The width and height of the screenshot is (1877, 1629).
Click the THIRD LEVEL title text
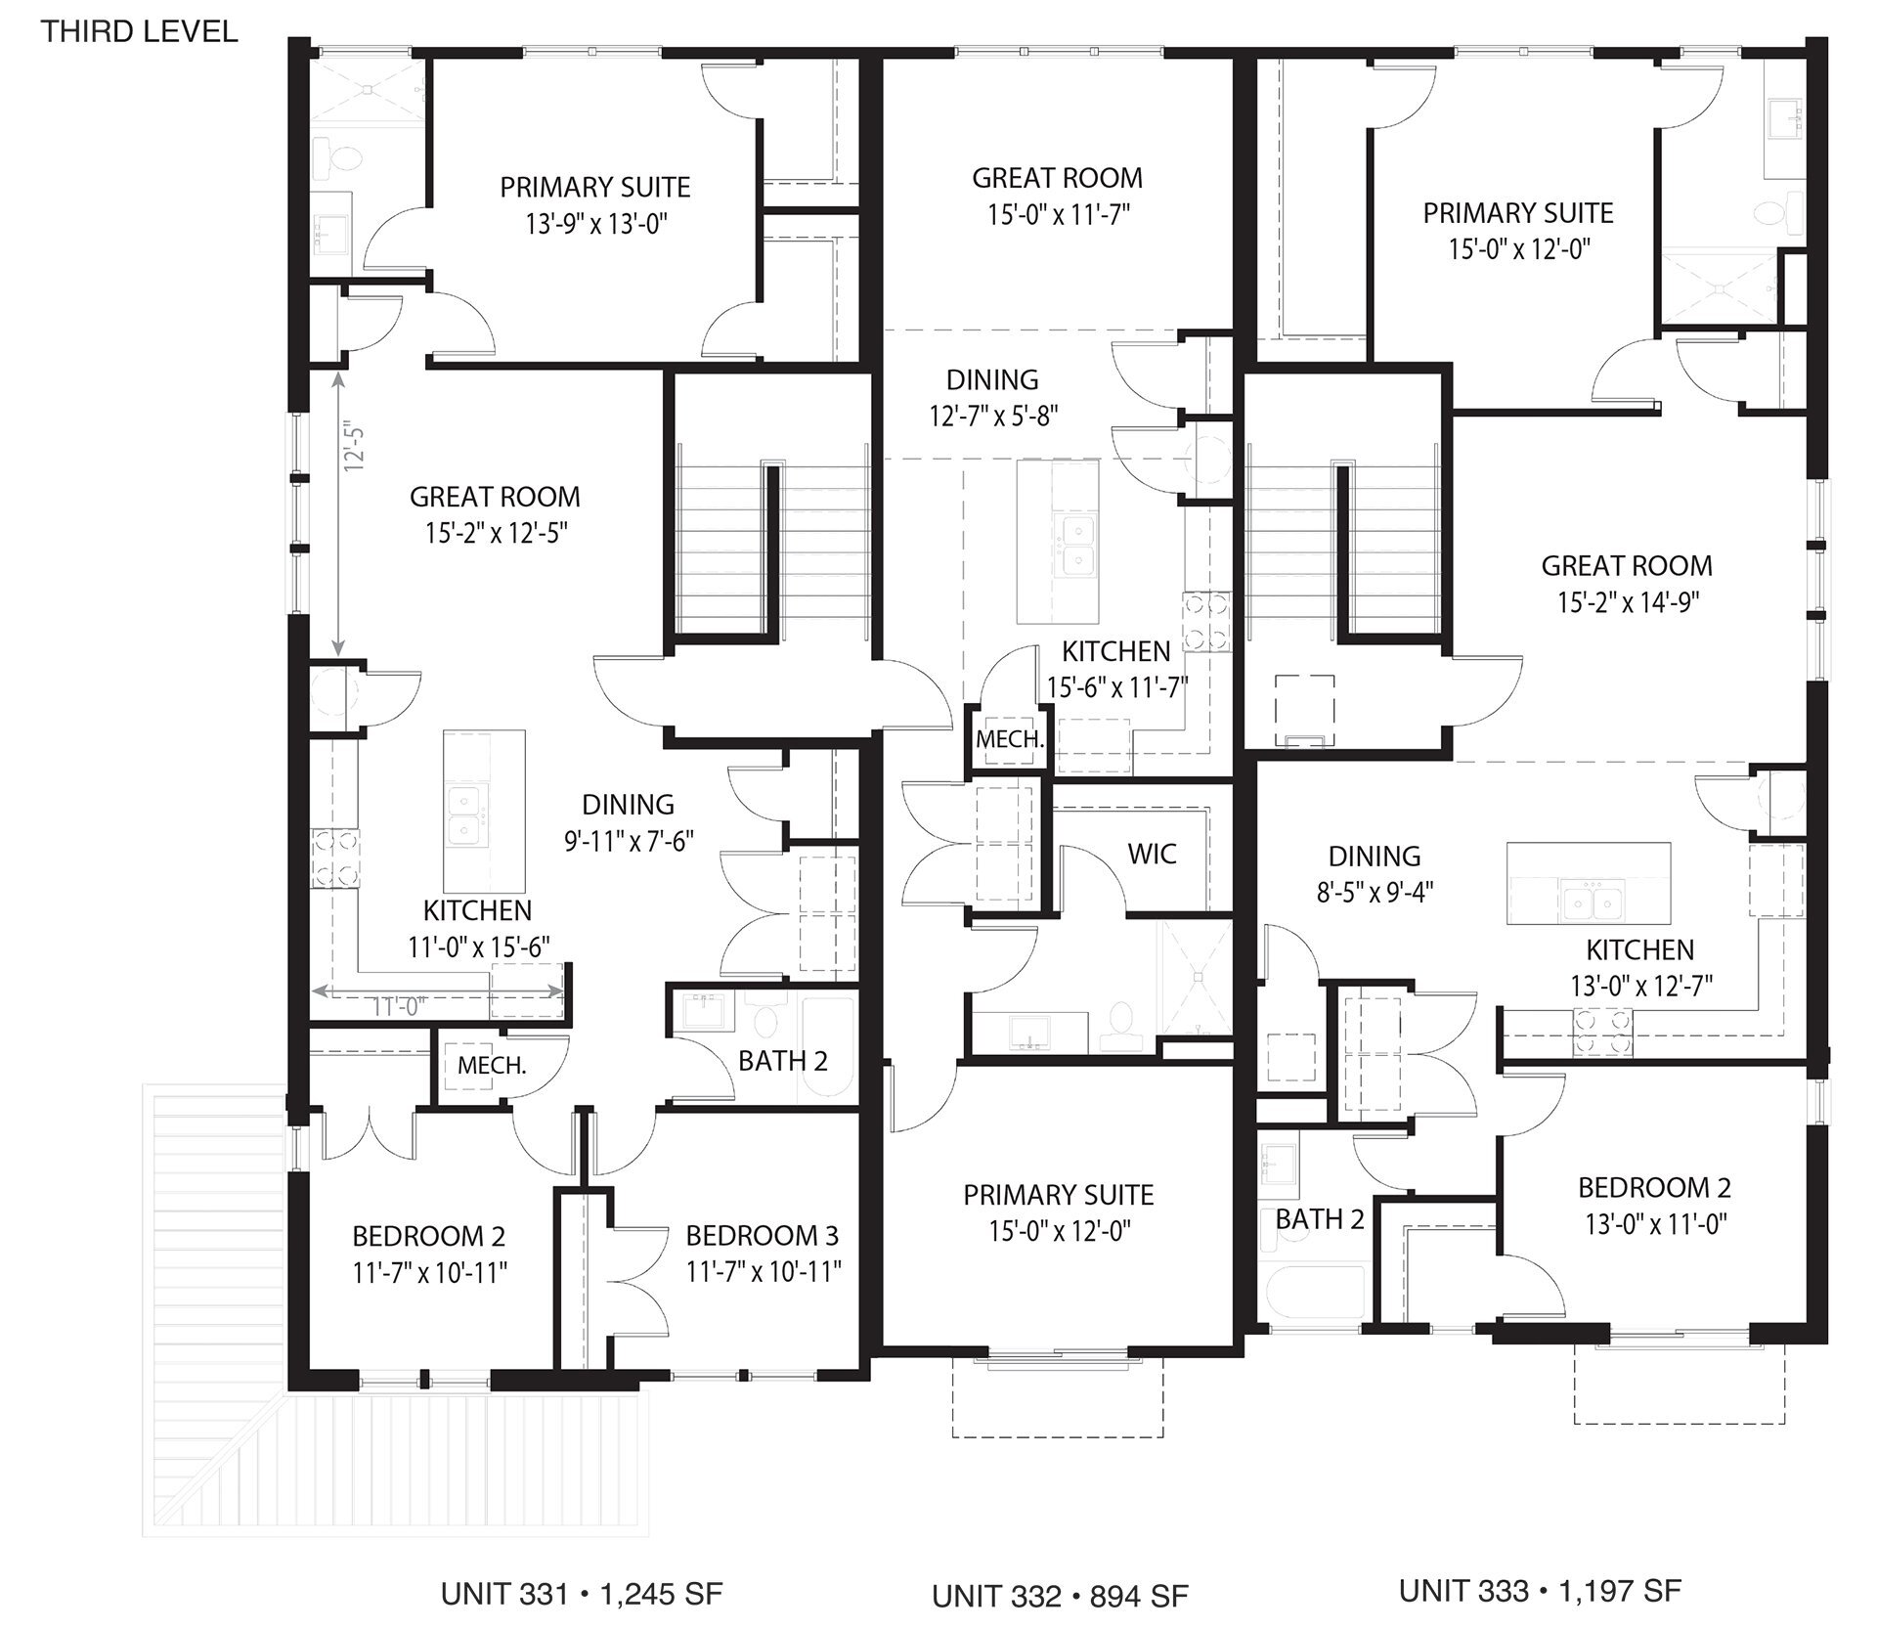139,31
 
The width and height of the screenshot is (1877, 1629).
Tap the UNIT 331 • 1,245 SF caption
581,1593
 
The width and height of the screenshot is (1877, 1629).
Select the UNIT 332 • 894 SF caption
1060,1596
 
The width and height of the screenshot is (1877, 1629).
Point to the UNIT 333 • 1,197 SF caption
1540,1590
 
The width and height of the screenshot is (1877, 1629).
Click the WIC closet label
1152,854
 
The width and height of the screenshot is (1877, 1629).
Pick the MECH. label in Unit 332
1009,739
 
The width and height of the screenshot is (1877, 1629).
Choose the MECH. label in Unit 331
491,1066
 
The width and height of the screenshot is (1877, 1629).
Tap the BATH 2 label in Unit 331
782,1061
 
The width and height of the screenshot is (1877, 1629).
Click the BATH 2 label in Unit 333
1319,1219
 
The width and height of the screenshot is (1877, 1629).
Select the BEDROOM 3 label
762,1236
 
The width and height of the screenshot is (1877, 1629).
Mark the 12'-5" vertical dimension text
354,449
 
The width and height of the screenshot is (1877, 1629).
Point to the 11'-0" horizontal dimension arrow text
395,1006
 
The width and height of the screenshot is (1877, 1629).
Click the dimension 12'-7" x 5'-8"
993,417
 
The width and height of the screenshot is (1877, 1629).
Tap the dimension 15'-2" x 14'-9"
1628,602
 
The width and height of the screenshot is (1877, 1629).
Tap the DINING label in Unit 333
1374,857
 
